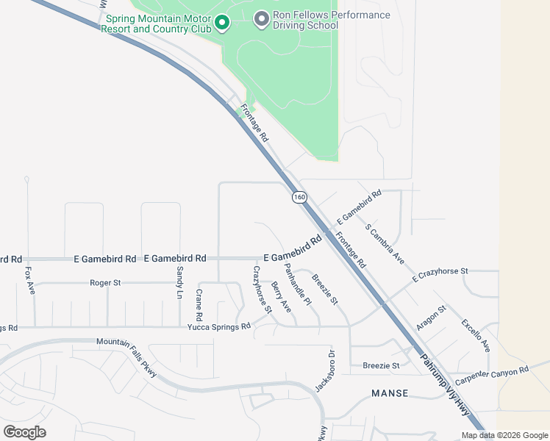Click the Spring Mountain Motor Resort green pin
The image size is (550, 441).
coord(221,24)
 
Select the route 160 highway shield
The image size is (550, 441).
coord(299,197)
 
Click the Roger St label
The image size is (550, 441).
coord(104,282)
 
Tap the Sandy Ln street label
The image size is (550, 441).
coord(179,282)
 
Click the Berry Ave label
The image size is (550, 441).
coord(281,296)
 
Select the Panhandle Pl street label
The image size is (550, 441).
coord(298,284)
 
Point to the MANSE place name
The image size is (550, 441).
coord(390,393)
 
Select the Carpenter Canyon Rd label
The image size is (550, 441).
coord(491,376)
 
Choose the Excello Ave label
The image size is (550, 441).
coord(476,335)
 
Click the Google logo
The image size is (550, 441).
coord(24,431)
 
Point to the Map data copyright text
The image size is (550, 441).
coord(504,435)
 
